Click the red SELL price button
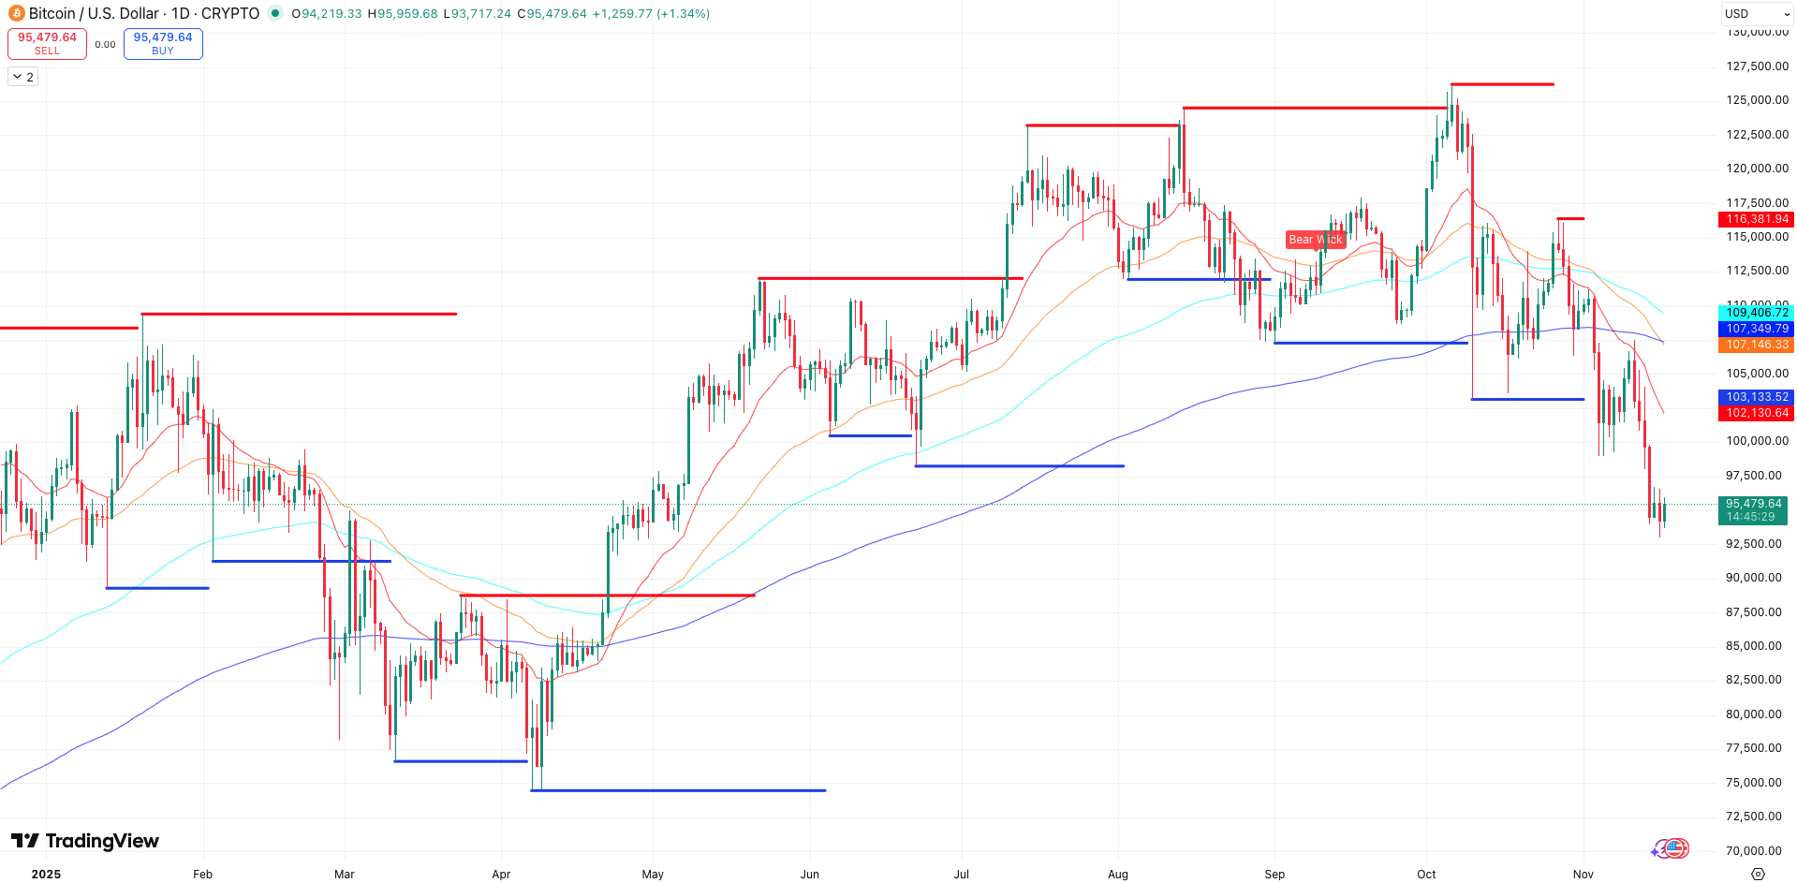tap(47, 43)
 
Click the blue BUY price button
tap(163, 43)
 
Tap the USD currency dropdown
tap(1757, 13)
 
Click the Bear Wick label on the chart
tap(1315, 240)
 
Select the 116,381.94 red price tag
tap(1757, 219)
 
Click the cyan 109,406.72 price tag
tap(1757, 313)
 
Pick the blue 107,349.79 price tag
tap(1757, 329)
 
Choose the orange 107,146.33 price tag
tap(1757, 345)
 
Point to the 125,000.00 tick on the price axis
tap(1757, 100)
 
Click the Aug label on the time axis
tap(1117, 875)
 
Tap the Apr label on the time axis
tap(501, 875)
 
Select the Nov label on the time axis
tap(1583, 875)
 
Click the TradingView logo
tap(85, 841)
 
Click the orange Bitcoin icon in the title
tap(16, 13)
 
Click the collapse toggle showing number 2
tap(23, 77)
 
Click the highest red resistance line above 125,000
tap(1502, 84)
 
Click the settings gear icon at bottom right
tap(1758, 874)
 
